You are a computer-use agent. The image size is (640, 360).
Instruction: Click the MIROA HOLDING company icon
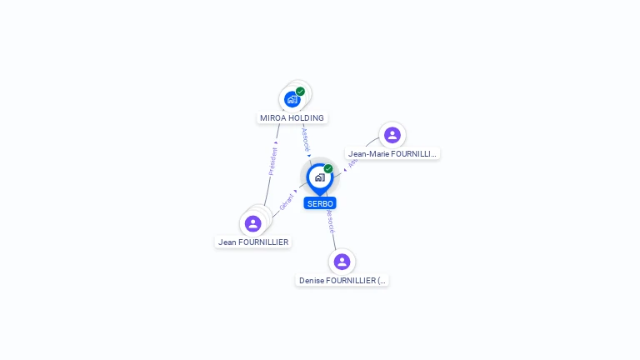pos(292,99)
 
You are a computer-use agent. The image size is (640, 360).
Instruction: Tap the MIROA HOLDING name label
pos(292,118)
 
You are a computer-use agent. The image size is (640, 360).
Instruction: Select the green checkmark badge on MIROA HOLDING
pos(300,92)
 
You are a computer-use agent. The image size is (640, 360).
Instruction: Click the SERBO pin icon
pos(319,177)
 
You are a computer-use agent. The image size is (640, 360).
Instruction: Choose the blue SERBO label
pos(320,203)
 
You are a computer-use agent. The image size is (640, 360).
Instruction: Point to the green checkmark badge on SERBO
pos(328,169)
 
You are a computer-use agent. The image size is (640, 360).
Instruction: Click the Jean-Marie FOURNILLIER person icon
pos(392,135)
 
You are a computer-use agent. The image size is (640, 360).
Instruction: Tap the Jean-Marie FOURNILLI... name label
pos(392,154)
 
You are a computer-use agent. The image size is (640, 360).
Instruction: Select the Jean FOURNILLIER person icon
pos(253,223)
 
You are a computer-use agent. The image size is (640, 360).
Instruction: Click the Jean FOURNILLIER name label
pos(253,242)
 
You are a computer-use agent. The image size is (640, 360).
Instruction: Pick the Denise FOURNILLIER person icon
pos(342,262)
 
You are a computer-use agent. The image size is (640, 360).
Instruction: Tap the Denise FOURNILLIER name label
pos(342,281)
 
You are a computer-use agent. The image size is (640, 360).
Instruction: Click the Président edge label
pos(272,162)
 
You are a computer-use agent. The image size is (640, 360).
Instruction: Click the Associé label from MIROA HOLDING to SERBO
pos(306,137)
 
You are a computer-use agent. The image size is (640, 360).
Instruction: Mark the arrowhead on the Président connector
pos(277,129)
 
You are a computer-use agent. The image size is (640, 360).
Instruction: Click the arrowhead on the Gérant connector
pos(295,191)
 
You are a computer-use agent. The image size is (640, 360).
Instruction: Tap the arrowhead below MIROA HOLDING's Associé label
pos(309,154)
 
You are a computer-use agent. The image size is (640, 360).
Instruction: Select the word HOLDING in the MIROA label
pos(306,118)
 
